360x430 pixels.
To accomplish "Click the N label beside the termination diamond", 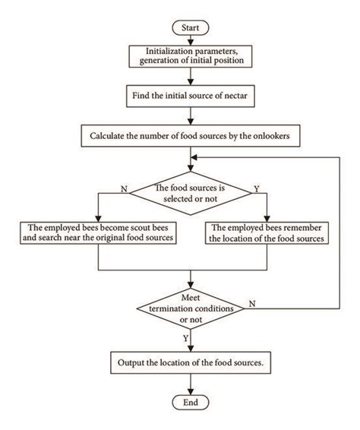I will (x=251, y=302).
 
